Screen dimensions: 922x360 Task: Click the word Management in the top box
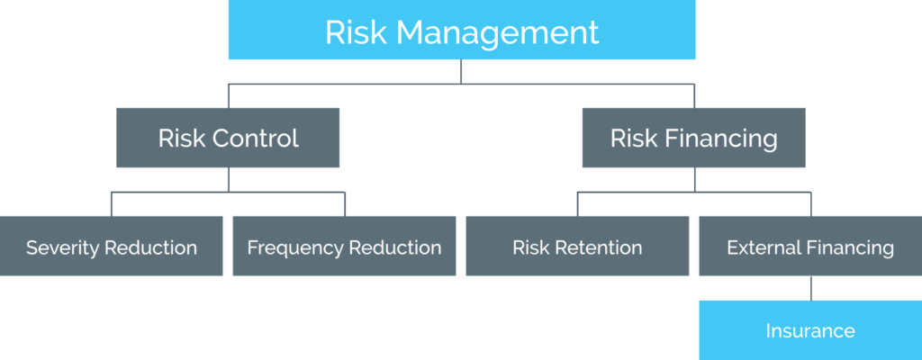click(x=497, y=33)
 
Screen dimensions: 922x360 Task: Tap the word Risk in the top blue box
click(x=357, y=32)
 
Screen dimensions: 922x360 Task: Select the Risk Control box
click(x=228, y=138)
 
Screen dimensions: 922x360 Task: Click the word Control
click(x=255, y=139)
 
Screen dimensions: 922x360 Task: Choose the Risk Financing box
click(x=694, y=138)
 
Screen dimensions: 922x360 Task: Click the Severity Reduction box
click(x=111, y=246)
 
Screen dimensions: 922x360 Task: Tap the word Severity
click(x=62, y=248)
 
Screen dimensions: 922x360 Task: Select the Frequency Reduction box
click(x=344, y=246)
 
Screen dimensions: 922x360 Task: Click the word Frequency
click(x=295, y=248)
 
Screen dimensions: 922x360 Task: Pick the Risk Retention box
click(x=577, y=246)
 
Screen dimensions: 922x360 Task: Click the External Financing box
click(x=810, y=246)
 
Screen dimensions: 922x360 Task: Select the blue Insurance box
click(x=810, y=330)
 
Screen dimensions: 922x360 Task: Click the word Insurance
click(x=810, y=330)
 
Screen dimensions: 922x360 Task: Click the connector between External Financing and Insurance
click(x=811, y=288)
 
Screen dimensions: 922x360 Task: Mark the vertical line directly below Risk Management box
click(x=461, y=72)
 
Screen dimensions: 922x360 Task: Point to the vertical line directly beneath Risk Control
click(x=228, y=180)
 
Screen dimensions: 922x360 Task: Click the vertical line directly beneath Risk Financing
click(x=694, y=180)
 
